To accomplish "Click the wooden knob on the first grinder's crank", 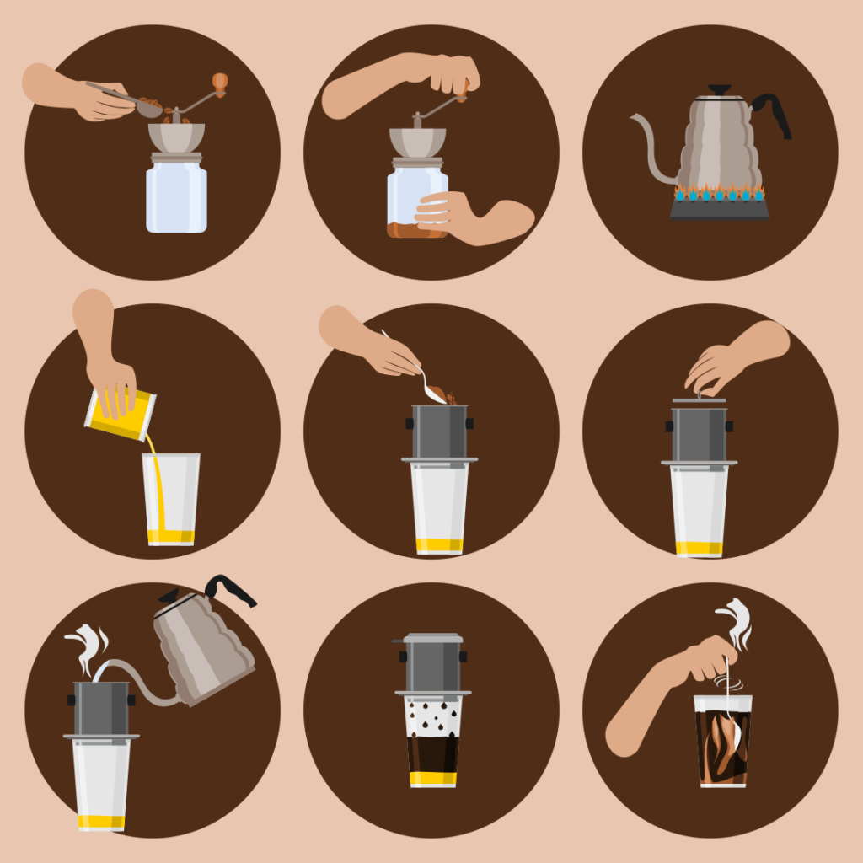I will (x=220, y=82).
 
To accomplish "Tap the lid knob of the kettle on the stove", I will (x=719, y=89).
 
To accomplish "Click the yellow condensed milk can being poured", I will (x=120, y=415).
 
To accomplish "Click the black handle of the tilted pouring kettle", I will (x=231, y=588).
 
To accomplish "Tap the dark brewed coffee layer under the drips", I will (x=432, y=753).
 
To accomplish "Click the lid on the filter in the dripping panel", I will (x=431, y=638).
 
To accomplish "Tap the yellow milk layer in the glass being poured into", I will (x=171, y=536).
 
